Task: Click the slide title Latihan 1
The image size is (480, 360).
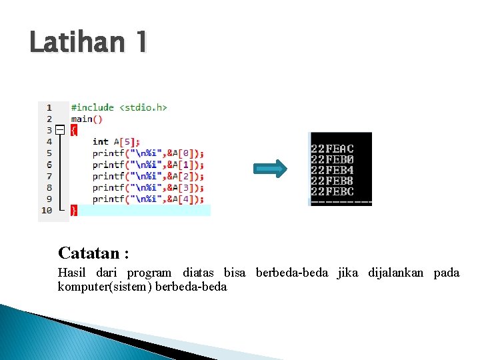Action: coord(88,43)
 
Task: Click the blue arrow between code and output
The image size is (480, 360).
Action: coord(271,169)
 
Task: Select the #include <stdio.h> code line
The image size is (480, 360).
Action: coord(119,107)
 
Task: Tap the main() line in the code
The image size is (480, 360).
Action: coord(87,119)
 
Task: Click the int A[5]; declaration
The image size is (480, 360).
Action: coord(116,141)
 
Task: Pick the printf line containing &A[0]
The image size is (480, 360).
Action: coord(148,153)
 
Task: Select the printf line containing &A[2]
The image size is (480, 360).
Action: coord(148,176)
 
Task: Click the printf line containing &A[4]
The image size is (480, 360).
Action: coord(148,199)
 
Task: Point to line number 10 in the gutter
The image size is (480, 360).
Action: coord(46,210)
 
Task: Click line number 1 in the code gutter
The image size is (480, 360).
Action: coord(49,107)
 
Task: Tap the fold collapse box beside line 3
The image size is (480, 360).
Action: coord(60,130)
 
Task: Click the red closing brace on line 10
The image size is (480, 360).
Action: coord(74,210)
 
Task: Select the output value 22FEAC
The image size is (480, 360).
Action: coord(332,149)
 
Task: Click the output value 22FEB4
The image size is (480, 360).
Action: coord(332,170)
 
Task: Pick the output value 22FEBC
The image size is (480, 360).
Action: coord(332,191)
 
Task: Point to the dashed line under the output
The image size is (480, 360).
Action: coord(341,201)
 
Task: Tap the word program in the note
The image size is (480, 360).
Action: coord(149,273)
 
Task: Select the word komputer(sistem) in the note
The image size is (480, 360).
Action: coord(105,287)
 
